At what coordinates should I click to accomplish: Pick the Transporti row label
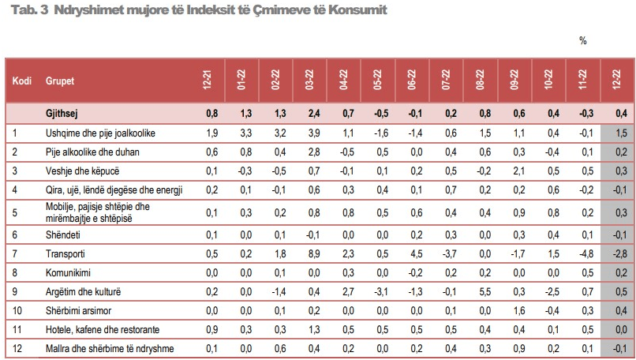click(66, 253)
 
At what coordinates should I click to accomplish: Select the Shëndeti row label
click(64, 234)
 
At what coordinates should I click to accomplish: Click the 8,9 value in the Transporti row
click(313, 253)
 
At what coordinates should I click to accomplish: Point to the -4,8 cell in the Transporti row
click(585, 253)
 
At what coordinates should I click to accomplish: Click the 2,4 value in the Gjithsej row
click(313, 114)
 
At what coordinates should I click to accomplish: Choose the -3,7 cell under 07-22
click(449, 253)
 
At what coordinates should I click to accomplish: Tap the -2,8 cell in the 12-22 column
click(619, 253)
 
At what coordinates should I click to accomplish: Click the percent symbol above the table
click(582, 41)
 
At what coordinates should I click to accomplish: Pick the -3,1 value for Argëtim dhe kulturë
click(381, 291)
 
